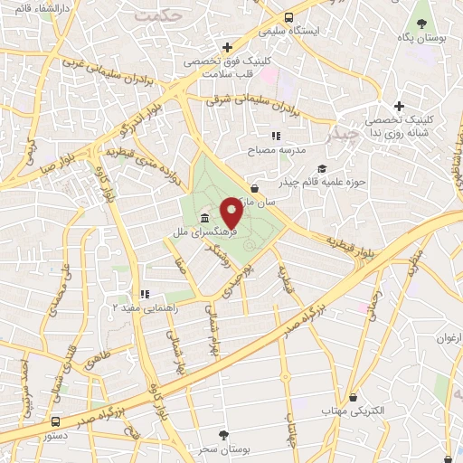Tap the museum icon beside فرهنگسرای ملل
click(206, 220)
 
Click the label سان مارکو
click(258, 205)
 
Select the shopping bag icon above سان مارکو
click(256, 189)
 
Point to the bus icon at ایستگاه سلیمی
click(288, 17)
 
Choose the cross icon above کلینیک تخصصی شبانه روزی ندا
click(398, 107)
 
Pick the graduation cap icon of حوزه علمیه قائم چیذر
click(323, 167)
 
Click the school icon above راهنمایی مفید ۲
click(144, 294)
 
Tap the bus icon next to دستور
click(56, 421)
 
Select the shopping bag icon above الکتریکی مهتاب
click(352, 396)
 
